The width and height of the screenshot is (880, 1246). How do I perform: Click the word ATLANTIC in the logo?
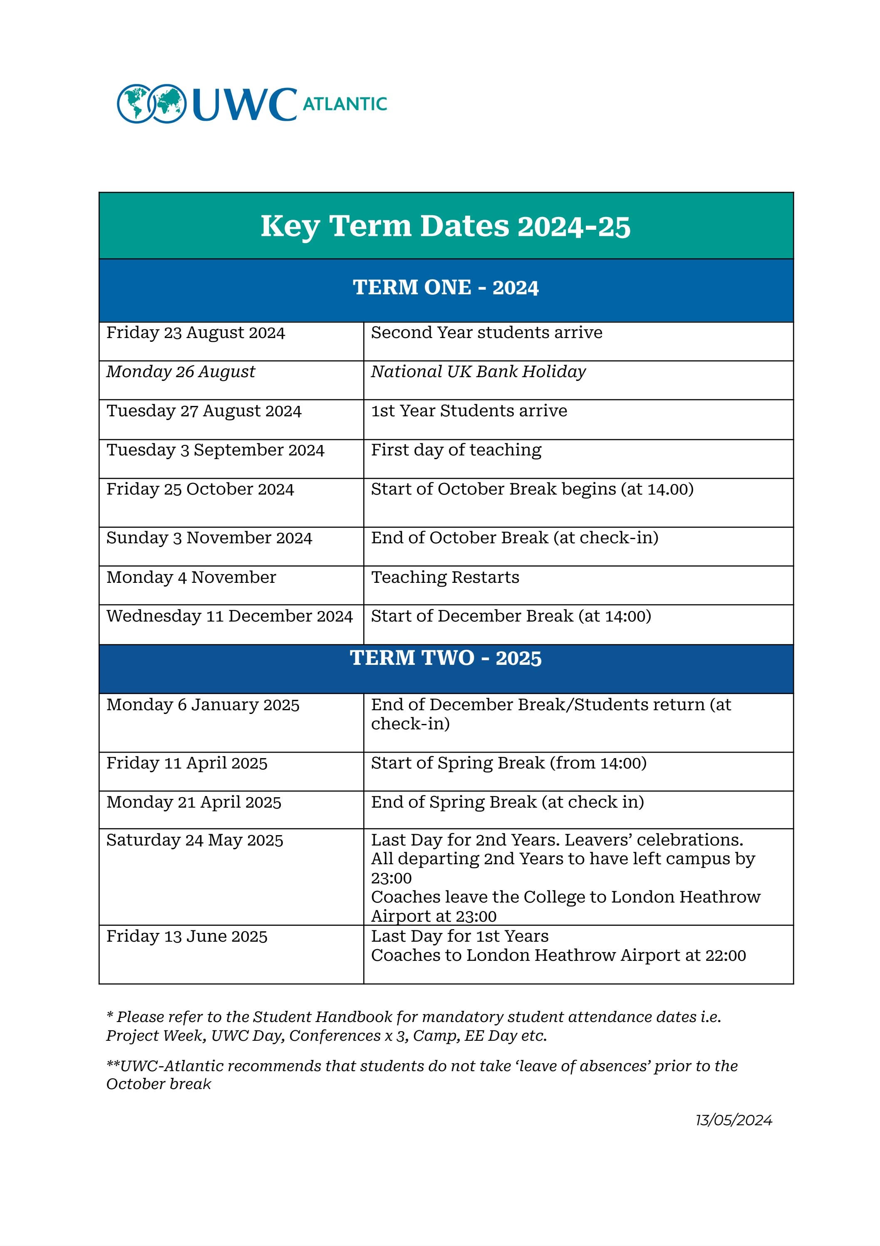coord(345,104)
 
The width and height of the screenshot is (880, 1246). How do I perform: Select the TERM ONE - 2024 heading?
coord(446,288)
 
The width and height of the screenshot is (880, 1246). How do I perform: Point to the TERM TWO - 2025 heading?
coord(446,658)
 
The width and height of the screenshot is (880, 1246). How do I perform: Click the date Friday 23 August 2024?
coord(195,333)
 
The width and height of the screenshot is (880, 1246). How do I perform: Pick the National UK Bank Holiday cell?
coord(478,372)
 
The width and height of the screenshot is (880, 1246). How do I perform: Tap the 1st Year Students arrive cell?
coord(469,411)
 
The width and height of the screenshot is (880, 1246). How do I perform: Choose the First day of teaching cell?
coord(456,450)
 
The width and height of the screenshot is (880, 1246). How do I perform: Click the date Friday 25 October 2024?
coord(200,489)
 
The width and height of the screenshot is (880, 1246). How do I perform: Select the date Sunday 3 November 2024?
coord(209,538)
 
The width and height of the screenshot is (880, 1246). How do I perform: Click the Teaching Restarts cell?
coord(445,577)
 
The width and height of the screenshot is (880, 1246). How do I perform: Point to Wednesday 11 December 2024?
coord(230,616)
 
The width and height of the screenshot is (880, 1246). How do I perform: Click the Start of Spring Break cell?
coord(508,763)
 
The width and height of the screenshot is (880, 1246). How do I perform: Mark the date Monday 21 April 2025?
coord(194,802)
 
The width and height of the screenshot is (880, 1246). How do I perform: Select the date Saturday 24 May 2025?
coord(194,840)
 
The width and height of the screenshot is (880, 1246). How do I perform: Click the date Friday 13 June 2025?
coord(187,936)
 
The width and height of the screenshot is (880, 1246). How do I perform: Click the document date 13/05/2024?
coord(734,1120)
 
